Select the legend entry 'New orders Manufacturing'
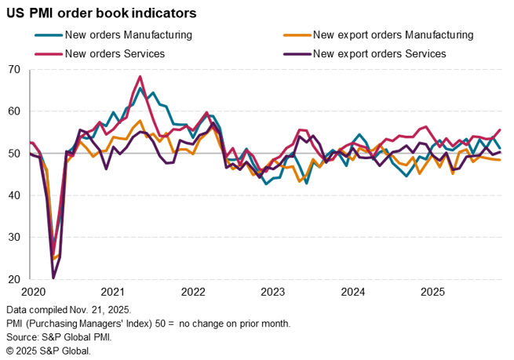[x=128, y=35]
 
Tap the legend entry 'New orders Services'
[x=114, y=54]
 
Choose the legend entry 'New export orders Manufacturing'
[x=392, y=35]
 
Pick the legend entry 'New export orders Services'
[x=378, y=54]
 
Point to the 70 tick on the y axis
[x=14, y=70]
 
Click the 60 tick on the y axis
[x=14, y=111]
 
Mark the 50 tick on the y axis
[x=14, y=154]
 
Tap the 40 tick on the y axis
[x=14, y=195]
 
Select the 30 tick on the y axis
[x=14, y=237]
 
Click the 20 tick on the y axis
[x=14, y=279]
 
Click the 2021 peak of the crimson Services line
[x=140, y=77]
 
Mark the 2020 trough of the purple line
[x=53, y=278]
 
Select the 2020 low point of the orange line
[x=53, y=258]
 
